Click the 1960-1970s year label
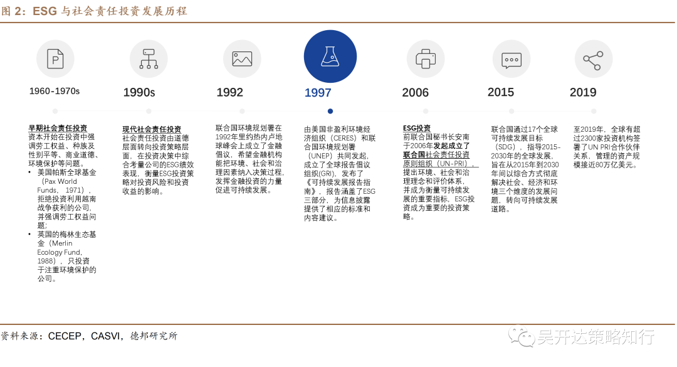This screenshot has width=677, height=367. tap(55, 92)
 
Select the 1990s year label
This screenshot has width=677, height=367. tap(139, 93)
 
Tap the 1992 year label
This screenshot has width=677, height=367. tap(229, 93)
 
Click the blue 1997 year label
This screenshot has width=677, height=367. tap(318, 93)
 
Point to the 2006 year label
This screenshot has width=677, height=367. tap(416, 93)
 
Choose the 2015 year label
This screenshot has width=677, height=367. tap(501, 93)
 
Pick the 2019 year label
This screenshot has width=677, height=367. tap(583, 93)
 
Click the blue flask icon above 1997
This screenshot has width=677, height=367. tap(330, 56)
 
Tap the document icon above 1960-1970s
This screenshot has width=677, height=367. tap(55, 59)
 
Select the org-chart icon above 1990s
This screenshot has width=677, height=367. tap(149, 59)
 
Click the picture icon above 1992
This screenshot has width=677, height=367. tap(242, 59)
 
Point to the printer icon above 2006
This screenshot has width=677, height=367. tap(426, 59)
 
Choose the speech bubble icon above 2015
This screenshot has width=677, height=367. tap(512, 59)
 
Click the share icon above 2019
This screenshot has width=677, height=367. tap(593, 59)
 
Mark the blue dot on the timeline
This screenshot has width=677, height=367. tap(330, 111)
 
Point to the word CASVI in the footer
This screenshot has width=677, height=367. tap(106, 336)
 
